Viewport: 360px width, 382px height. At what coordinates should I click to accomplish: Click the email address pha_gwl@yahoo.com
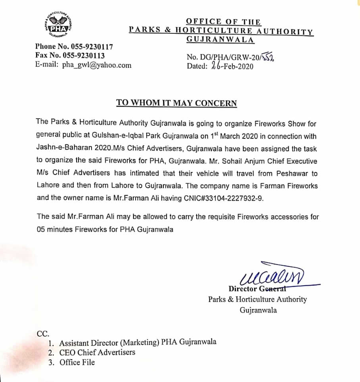click(x=97, y=65)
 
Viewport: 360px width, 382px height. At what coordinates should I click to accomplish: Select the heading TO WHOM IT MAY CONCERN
click(x=176, y=103)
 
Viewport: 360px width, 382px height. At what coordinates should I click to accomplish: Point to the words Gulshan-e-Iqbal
click(x=135, y=136)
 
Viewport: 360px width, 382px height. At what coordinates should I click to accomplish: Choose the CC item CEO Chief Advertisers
click(x=97, y=352)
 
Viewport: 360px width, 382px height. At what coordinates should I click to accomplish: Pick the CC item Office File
click(x=77, y=362)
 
